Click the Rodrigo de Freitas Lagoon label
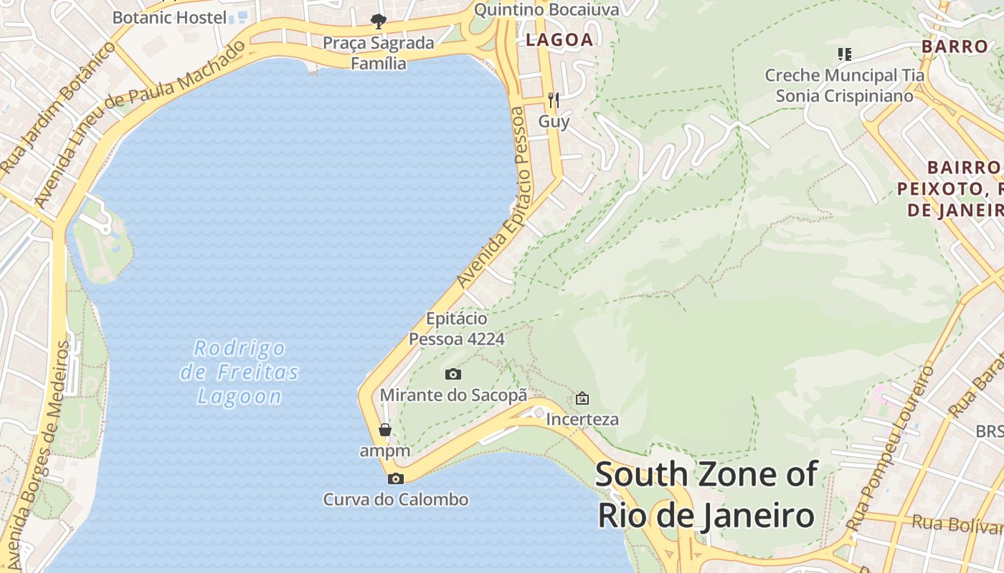click(240, 372)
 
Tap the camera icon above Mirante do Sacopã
click(453, 374)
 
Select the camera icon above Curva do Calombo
click(395, 478)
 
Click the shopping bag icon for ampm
click(385, 430)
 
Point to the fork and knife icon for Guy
click(553, 100)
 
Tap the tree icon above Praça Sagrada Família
click(378, 21)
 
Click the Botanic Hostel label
click(169, 17)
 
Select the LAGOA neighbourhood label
click(559, 40)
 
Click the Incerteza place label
click(582, 419)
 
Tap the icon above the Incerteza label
click(582, 398)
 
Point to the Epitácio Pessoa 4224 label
click(457, 329)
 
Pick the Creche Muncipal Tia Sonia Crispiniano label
click(844, 85)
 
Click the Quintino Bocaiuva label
click(546, 9)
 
